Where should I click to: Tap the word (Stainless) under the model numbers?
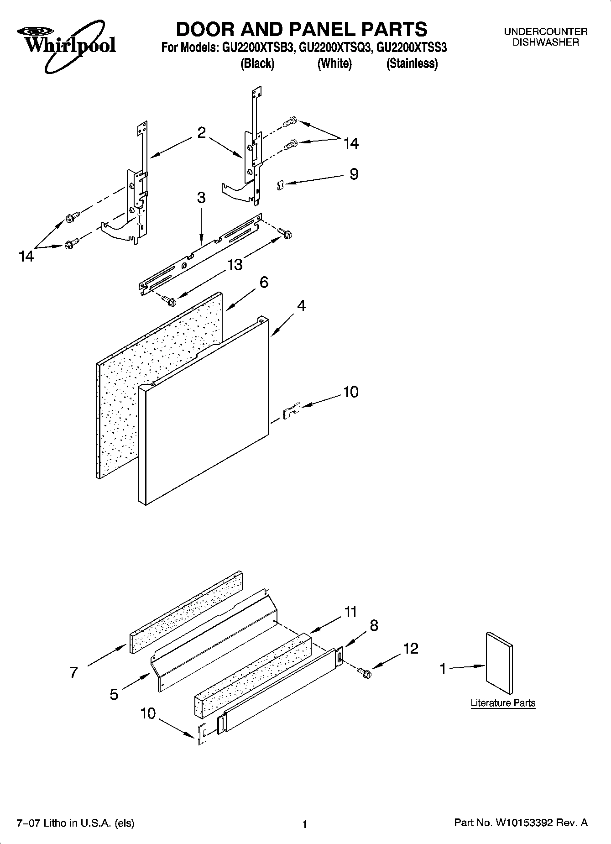tap(412, 64)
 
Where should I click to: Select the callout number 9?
tap(354, 174)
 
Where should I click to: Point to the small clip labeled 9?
tap(281, 185)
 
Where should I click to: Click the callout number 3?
tap(201, 198)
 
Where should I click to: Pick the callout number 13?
tap(235, 264)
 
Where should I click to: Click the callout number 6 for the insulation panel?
tap(264, 282)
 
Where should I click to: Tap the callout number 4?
tap(301, 305)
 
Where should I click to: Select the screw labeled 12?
tap(365, 672)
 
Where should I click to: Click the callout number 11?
tap(350, 612)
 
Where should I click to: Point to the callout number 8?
tap(374, 625)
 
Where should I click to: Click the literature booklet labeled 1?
tap(499, 663)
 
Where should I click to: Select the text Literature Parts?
tap(503, 703)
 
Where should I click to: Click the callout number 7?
tap(73, 672)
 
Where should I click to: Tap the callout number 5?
tap(114, 694)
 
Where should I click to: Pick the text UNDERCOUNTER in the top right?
tap(545, 32)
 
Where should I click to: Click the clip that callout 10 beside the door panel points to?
tap(291, 411)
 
